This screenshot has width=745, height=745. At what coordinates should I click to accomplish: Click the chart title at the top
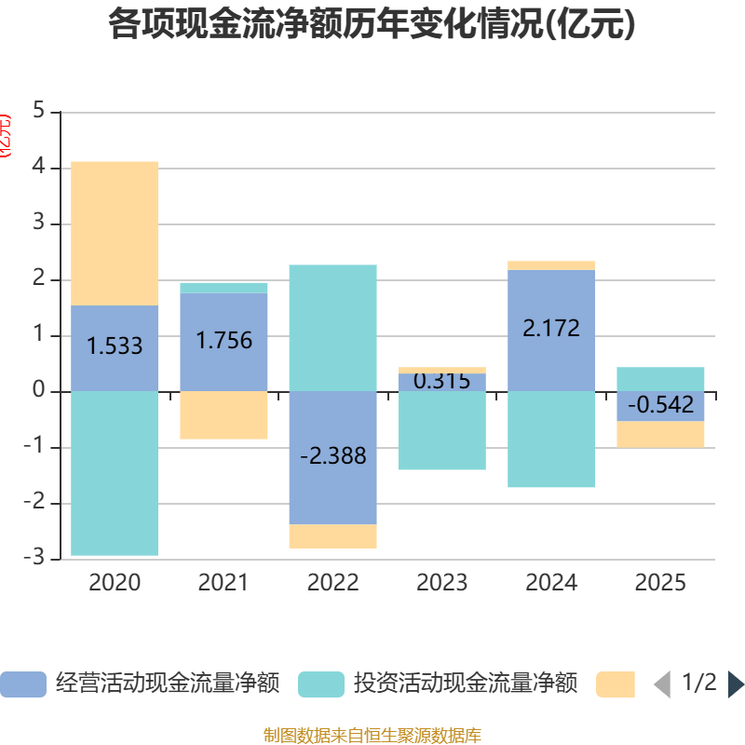372,25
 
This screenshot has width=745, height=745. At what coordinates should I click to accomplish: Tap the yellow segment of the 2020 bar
115,233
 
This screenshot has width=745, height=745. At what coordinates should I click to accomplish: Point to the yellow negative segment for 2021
223,415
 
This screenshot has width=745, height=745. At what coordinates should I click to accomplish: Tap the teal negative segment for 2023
441,430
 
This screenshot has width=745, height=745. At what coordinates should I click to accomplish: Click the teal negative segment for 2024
551,440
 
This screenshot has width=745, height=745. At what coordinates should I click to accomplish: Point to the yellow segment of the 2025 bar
660,435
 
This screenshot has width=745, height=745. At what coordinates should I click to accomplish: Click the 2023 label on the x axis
441,583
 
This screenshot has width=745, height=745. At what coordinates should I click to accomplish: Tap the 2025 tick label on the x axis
660,583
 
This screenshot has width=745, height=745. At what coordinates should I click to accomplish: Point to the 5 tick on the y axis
38,111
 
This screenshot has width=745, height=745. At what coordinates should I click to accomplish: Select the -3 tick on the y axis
34,558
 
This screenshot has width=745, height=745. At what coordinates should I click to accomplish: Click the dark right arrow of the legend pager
735,684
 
